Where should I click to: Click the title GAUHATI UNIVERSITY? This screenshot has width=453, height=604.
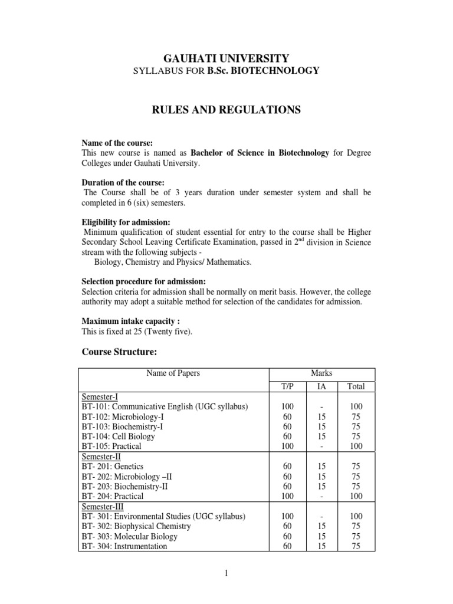click(x=226, y=58)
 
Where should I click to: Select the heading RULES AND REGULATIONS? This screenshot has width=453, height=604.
click(x=226, y=110)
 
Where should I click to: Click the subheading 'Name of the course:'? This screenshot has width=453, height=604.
click(x=117, y=143)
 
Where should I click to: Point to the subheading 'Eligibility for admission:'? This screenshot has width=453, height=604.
click(x=126, y=222)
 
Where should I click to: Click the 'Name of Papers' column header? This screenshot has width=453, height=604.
click(x=173, y=373)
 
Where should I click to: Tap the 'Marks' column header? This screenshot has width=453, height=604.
click(x=322, y=373)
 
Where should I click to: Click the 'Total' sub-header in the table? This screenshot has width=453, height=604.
click(x=356, y=387)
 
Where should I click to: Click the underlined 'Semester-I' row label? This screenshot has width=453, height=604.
click(x=97, y=398)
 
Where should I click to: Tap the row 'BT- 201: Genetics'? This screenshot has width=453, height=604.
click(x=113, y=467)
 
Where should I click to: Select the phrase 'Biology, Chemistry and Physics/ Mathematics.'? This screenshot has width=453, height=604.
click(x=173, y=262)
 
